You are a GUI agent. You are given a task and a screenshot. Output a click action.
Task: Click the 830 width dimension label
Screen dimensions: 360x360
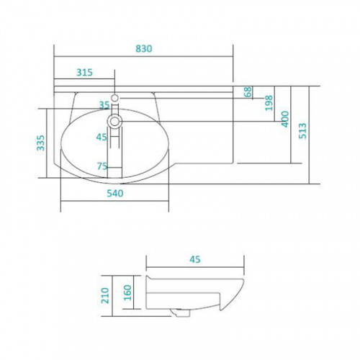(x=144, y=49)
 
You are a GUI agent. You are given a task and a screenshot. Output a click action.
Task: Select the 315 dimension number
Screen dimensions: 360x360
(x=84, y=72)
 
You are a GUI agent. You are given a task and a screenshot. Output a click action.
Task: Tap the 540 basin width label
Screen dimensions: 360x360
(x=115, y=193)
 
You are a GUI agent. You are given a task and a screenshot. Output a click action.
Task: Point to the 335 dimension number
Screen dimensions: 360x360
(x=41, y=143)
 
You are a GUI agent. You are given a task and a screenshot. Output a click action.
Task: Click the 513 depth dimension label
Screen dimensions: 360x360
(x=302, y=130)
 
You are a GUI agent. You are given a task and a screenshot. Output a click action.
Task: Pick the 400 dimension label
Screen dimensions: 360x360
(x=285, y=119)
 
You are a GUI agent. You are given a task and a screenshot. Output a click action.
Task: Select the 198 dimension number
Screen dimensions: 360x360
(x=269, y=103)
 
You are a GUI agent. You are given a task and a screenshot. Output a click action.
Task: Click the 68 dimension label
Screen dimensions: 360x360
(x=248, y=91)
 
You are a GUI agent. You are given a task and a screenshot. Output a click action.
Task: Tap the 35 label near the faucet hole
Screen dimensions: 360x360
(x=104, y=105)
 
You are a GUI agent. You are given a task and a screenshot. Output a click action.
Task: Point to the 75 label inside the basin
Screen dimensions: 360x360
(x=102, y=166)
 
